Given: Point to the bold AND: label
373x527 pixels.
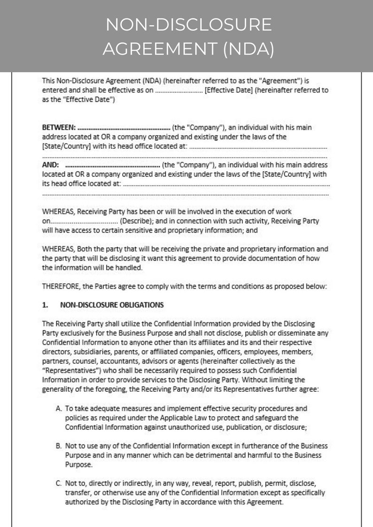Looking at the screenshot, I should click(50, 165).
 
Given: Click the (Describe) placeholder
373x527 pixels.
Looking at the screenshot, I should click(135, 221).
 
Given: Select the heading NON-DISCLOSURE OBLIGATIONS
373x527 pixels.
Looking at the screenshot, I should click(112, 305).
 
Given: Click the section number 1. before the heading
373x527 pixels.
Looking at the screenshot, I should click(45, 305).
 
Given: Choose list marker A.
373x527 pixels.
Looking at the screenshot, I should click(59, 409).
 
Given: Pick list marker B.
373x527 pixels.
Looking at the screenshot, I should click(59, 446).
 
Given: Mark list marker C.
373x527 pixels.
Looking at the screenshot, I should click(59, 483).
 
